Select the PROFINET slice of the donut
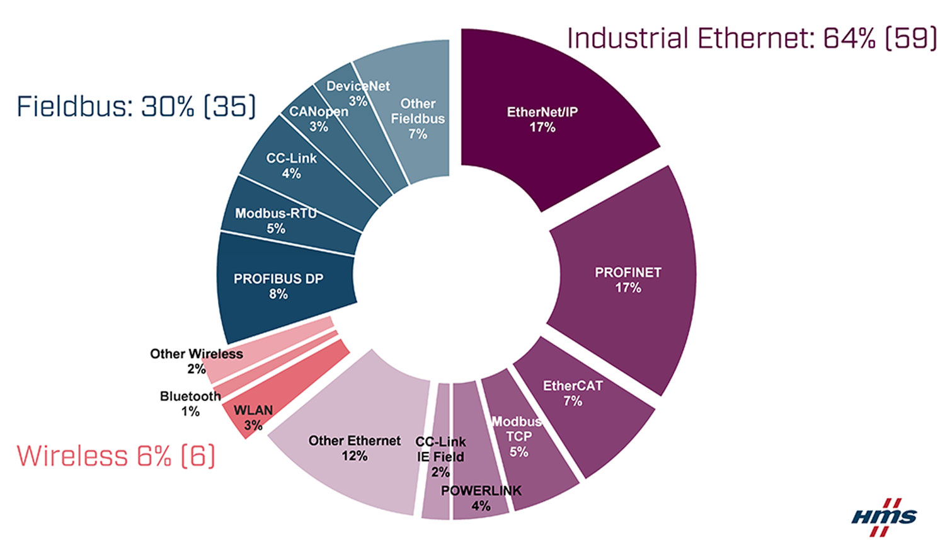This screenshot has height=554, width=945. coord(627,280)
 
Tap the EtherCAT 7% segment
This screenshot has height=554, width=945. coord(573,394)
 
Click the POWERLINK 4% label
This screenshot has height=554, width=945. coord(481,498)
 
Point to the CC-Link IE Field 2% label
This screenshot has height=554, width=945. coord(440,456)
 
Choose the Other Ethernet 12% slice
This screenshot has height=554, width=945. coord(354,448)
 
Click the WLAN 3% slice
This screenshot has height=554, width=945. coord(253,417)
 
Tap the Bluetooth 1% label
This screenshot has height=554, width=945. coord(190,403)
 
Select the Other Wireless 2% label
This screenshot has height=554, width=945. coord(196,361)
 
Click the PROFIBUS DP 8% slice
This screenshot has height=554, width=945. coord(278,286)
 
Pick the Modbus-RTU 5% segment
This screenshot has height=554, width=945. coord(276,221)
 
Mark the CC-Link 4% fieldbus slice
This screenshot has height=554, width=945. coord(291,165)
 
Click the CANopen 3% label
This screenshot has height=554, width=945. coord(319,118)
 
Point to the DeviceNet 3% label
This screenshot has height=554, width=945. coord(358,93)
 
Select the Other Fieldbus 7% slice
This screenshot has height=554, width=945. coord(418,118)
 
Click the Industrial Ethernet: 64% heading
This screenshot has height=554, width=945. coord(752,38)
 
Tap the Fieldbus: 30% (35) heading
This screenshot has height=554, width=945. coord(136,107)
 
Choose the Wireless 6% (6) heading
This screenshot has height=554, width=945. coord(116,456)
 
